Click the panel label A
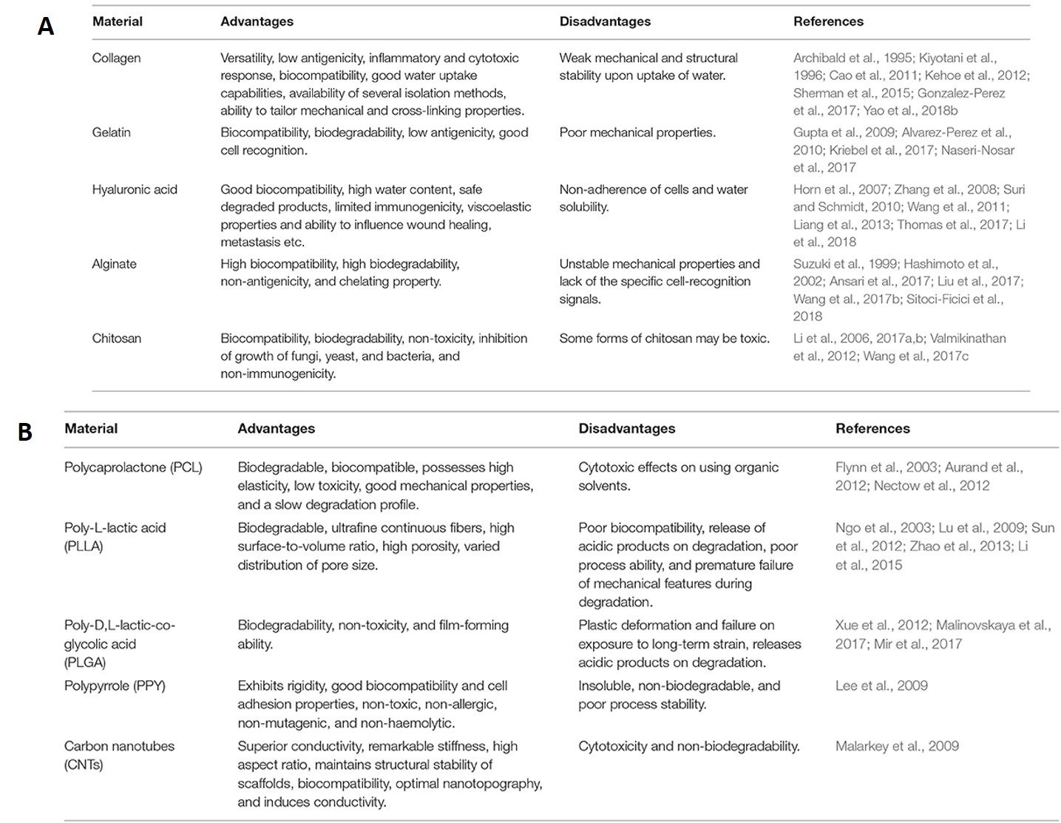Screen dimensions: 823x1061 point(46,26)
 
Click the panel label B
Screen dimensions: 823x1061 point(25,432)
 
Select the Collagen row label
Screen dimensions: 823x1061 point(116,58)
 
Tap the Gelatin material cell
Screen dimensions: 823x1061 point(111,132)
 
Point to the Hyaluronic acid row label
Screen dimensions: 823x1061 point(135,189)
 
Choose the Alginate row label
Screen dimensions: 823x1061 point(114,264)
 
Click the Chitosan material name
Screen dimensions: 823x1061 point(116,339)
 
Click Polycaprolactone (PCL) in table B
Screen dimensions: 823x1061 point(133,467)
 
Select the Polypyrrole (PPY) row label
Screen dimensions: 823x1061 point(115,685)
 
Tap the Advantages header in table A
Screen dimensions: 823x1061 point(257,21)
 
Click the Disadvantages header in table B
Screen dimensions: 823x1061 point(626,428)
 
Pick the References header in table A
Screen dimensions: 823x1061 point(828,21)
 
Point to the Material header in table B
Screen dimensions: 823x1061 point(91,428)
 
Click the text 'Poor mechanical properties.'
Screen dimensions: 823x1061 point(637,132)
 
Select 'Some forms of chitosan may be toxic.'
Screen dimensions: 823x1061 point(664,339)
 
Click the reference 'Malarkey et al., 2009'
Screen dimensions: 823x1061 point(897,746)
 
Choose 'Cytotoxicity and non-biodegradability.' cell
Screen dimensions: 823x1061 point(688,746)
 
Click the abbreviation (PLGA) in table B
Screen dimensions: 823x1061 point(85,663)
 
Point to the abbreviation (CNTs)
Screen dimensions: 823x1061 point(84,765)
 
